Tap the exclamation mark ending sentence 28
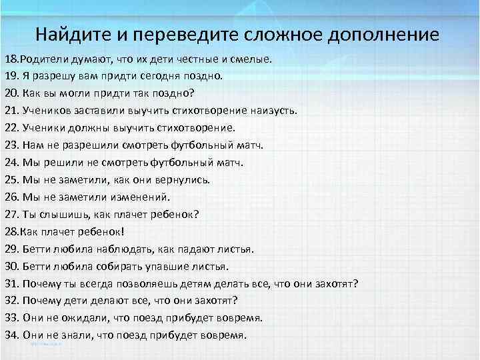(123, 231)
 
